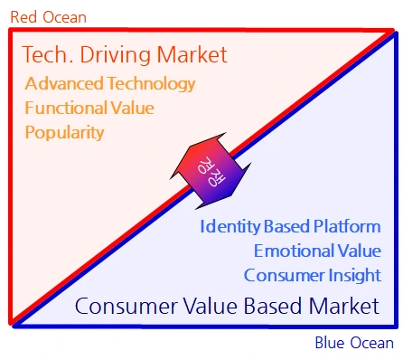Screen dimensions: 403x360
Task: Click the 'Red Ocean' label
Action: click(49, 17)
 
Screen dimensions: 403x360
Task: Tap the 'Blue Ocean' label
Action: click(354, 343)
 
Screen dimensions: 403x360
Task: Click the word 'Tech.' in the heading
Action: click(48, 54)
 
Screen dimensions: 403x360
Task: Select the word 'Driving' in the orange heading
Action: click(115, 55)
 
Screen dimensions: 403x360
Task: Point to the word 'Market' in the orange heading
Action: click(192, 54)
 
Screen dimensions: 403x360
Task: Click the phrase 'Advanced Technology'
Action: click(110, 83)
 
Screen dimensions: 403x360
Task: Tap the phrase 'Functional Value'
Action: click(89, 108)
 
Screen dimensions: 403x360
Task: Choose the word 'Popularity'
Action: click(64, 132)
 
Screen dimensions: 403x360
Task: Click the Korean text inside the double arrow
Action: click(211, 172)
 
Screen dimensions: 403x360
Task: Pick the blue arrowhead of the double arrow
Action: click(229, 187)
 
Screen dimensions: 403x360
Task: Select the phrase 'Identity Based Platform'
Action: click(291, 227)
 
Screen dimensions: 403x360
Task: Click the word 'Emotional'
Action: click(293, 251)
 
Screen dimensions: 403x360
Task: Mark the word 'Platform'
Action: click(347, 226)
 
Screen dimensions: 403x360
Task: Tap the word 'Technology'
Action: click(152, 83)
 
